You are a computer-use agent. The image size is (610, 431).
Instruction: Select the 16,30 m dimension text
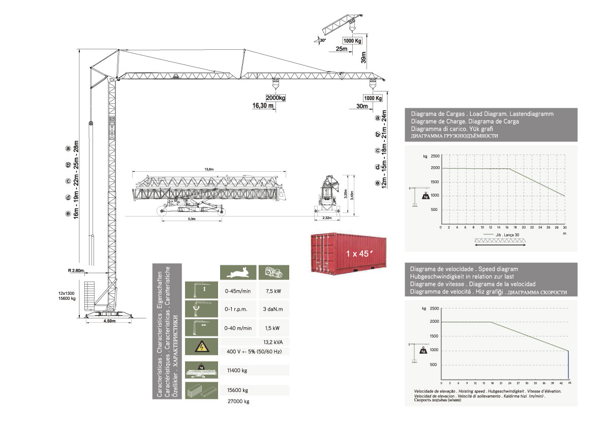pos(263,106)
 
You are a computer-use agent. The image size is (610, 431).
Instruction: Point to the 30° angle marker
pos(322,40)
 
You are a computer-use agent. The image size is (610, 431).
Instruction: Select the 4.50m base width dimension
pos(110,321)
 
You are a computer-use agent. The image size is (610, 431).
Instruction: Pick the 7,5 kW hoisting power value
pos(274,292)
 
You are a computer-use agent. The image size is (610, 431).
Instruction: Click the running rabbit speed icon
pos(238,273)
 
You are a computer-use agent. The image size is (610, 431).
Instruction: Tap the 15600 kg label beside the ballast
pos(66,299)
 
